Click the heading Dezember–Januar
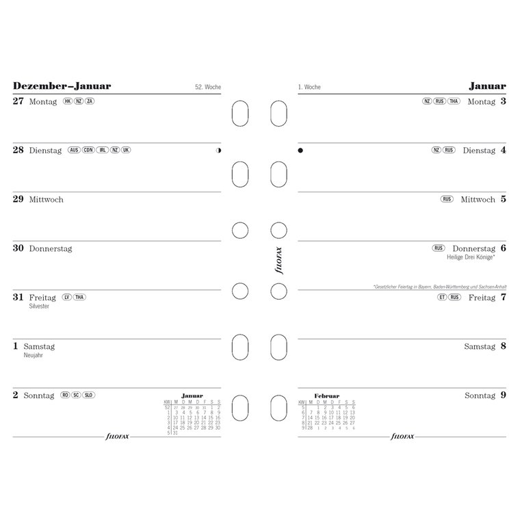click(x=62, y=86)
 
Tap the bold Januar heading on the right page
click(x=487, y=86)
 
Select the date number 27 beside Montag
click(x=18, y=101)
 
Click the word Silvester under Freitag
click(x=39, y=307)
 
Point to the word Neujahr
click(x=34, y=356)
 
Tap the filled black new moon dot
click(x=300, y=151)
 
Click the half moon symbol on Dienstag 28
click(x=218, y=151)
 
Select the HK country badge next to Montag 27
click(x=67, y=101)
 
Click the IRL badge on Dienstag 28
click(x=101, y=151)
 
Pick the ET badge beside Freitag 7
click(x=442, y=298)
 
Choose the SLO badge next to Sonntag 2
click(x=88, y=395)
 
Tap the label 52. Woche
click(x=208, y=88)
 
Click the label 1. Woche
click(x=310, y=88)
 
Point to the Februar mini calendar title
click(x=326, y=396)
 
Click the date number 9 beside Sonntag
click(x=503, y=395)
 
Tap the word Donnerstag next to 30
click(x=50, y=249)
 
